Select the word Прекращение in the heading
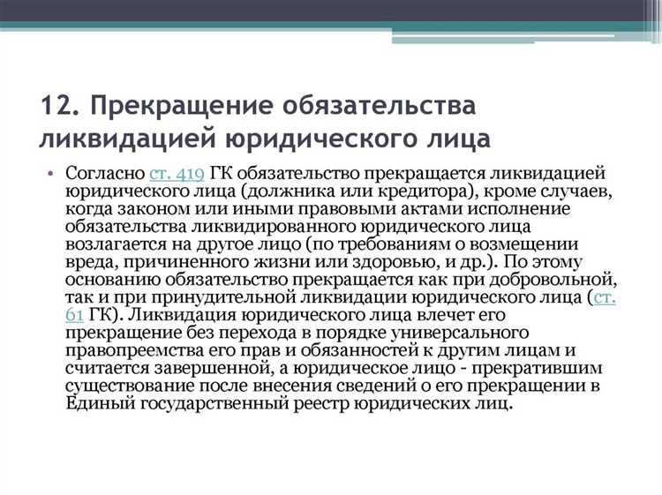[x=177, y=108]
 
